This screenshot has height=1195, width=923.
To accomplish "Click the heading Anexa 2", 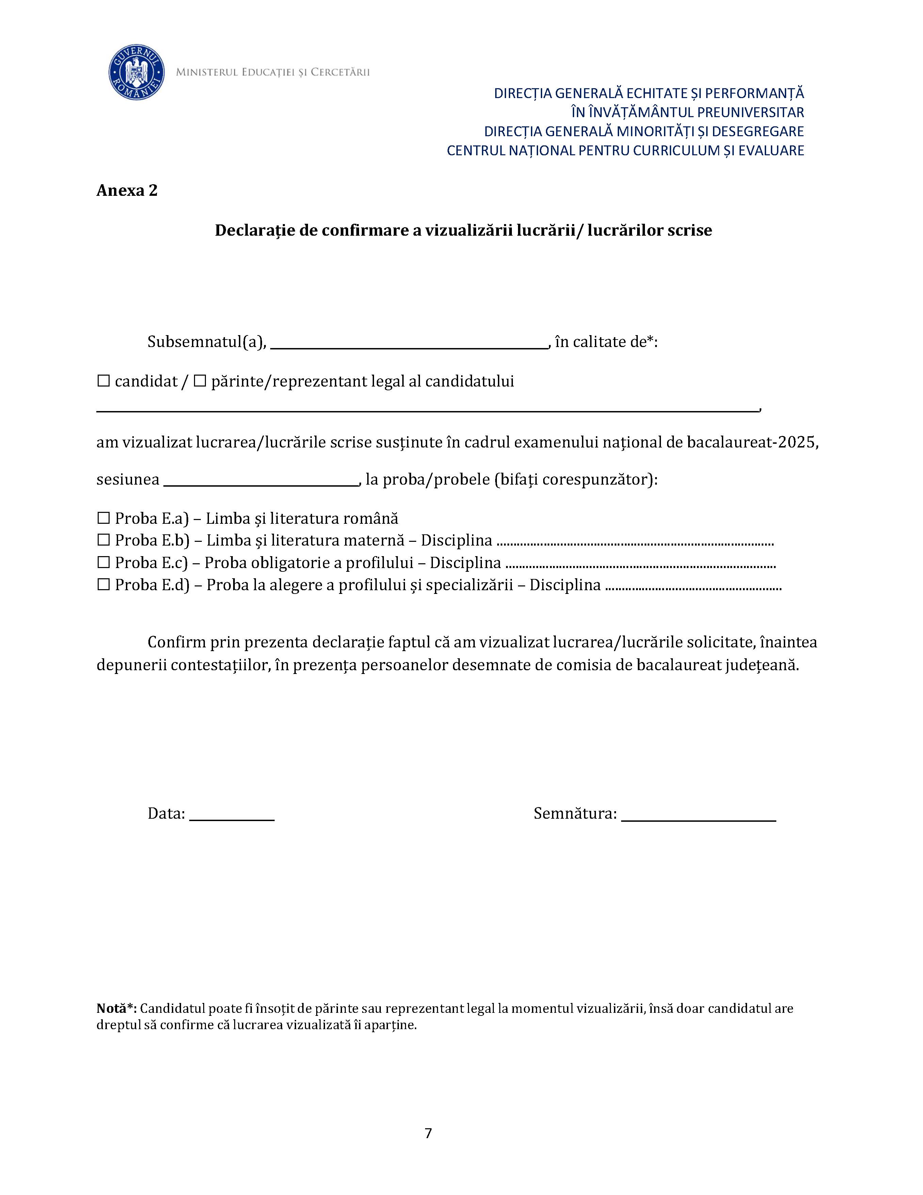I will click(x=127, y=190).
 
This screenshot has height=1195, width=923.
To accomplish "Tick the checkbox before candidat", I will click(x=103, y=381).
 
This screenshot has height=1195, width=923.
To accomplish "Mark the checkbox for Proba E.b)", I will click(x=103, y=540).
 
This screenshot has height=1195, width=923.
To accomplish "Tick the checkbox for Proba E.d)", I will click(x=103, y=584).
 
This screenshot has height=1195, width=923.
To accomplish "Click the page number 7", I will click(x=428, y=1133).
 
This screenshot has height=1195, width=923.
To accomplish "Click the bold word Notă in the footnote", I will click(x=112, y=1008).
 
